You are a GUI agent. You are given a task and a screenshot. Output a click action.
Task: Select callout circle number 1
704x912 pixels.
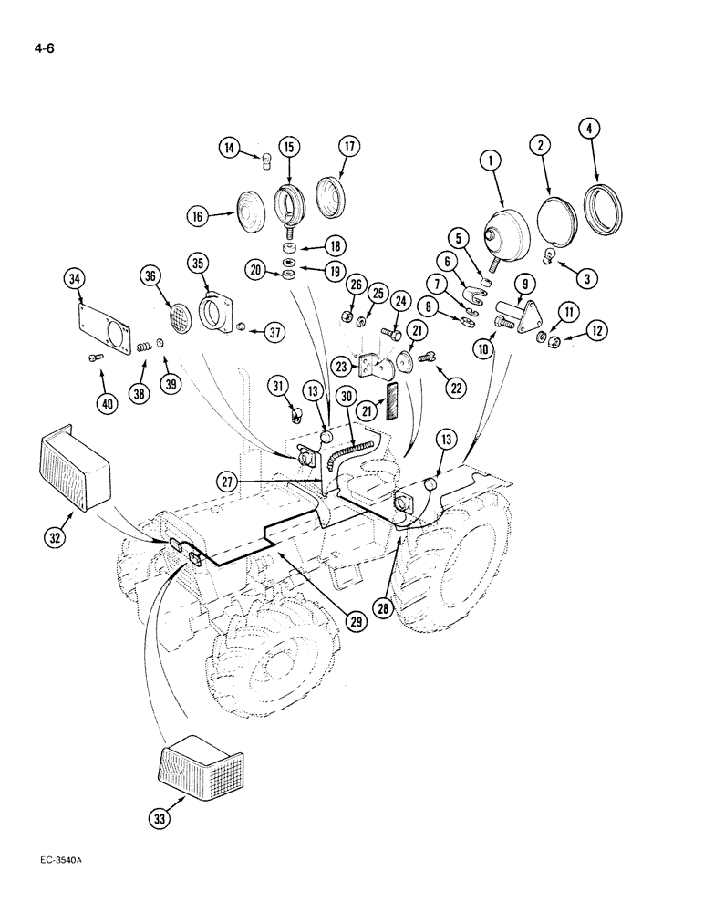click(x=491, y=161)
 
